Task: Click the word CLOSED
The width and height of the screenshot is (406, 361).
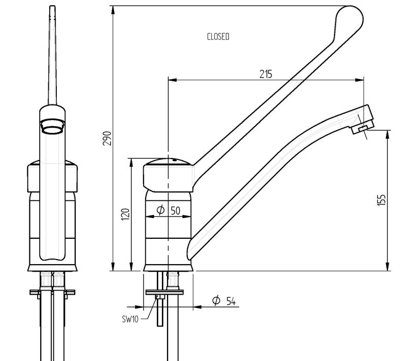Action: tap(218, 37)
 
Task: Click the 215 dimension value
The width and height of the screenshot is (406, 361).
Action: tap(265, 75)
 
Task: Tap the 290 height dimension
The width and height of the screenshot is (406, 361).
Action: tap(107, 138)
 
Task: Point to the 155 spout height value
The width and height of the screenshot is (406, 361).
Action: tap(382, 199)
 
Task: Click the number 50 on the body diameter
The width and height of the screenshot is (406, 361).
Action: tap(176, 210)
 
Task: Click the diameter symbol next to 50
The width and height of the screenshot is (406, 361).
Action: tap(160, 209)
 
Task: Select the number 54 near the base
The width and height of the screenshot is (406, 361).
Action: tap(231, 302)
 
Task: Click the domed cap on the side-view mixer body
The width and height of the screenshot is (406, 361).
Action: tap(167, 162)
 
